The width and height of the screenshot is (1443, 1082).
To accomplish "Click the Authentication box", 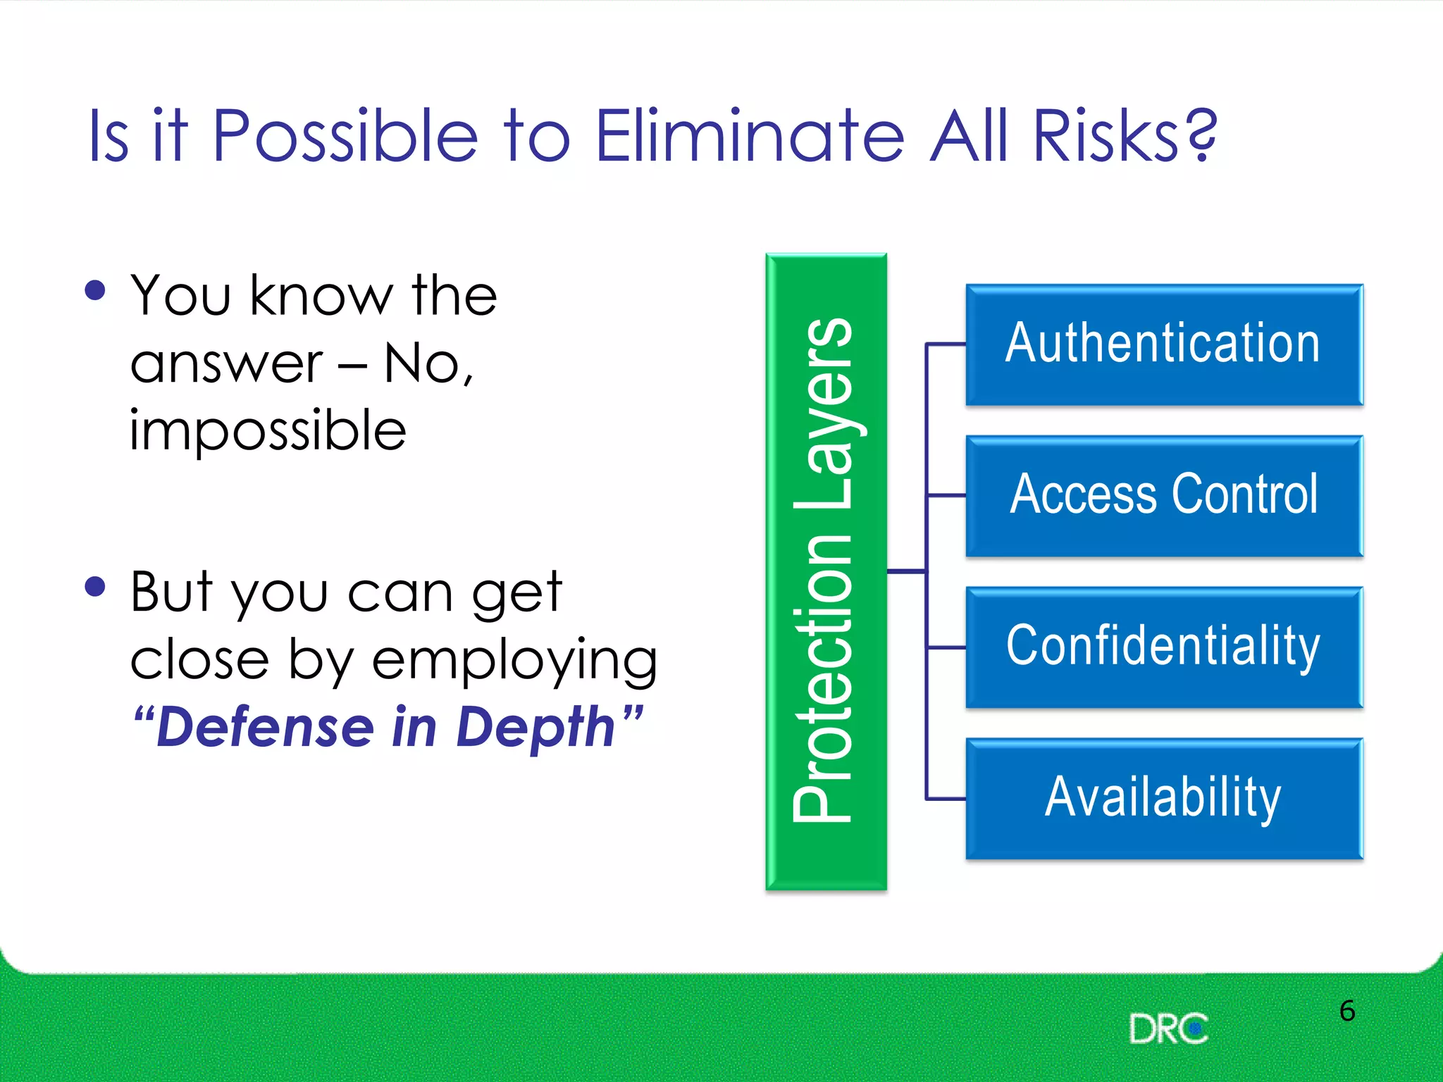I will tap(1164, 344).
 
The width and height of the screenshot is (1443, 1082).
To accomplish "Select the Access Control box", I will tap(1164, 496).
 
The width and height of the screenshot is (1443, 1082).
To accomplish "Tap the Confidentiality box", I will tap(1164, 647).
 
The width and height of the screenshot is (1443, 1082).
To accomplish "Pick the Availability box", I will tap(1164, 799).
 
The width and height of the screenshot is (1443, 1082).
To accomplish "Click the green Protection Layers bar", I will tap(826, 571).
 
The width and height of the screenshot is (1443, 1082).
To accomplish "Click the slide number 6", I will tap(1346, 1011).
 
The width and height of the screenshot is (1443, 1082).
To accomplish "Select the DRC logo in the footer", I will tap(1168, 1029).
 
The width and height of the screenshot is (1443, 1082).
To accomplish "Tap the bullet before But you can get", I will tap(94, 586).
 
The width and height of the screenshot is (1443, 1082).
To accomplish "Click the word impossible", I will tap(268, 431).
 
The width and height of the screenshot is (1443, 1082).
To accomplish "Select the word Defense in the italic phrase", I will tap(265, 728).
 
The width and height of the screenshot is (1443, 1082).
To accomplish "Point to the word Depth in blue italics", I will tap(535, 728).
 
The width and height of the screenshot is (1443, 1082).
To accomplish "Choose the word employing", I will tap(514, 661).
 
